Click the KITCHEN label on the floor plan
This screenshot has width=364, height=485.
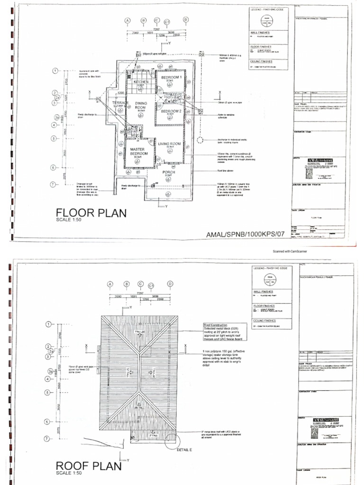(x=141, y=82)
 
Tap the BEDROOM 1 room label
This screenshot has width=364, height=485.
(x=171, y=77)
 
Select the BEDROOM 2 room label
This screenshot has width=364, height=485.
(x=170, y=111)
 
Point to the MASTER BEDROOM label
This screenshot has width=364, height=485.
(x=139, y=152)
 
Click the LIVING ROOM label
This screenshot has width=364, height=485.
(x=170, y=144)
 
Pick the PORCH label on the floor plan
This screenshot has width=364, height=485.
(x=169, y=172)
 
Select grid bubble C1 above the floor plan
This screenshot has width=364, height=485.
(x=167, y=22)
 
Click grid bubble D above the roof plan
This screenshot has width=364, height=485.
(x=169, y=284)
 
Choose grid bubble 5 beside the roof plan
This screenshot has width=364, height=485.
(x=48, y=392)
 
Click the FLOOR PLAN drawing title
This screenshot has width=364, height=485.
(x=91, y=213)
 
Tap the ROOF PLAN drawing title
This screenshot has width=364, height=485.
(x=88, y=466)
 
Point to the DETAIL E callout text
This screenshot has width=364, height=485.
(x=186, y=449)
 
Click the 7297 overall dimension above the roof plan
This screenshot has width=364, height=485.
(x=140, y=293)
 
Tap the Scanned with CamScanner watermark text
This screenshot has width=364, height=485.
(x=290, y=251)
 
